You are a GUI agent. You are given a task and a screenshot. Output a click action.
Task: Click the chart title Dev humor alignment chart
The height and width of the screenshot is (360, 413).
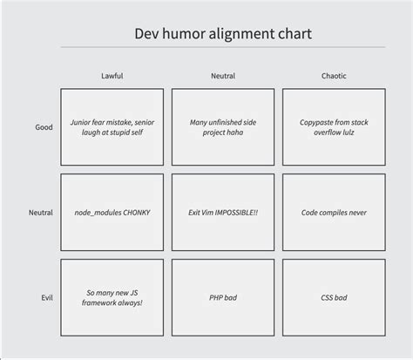pyautogui.click(x=223, y=34)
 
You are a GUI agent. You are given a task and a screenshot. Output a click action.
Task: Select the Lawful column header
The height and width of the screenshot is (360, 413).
pyautogui.click(x=112, y=76)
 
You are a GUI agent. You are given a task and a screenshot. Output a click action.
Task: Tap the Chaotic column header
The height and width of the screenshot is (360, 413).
pyautogui.click(x=334, y=76)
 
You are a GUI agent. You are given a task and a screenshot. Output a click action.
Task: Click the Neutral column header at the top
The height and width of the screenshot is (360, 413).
pyautogui.click(x=223, y=76)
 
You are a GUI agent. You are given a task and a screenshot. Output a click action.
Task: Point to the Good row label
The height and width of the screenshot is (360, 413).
pyautogui.click(x=44, y=127)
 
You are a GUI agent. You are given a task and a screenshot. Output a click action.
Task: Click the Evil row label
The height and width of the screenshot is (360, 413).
pyautogui.click(x=46, y=298)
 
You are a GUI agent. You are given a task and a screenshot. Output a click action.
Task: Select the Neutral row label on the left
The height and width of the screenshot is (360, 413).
pyautogui.click(x=41, y=213)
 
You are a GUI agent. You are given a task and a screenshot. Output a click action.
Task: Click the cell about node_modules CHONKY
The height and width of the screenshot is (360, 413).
pyautogui.click(x=112, y=213)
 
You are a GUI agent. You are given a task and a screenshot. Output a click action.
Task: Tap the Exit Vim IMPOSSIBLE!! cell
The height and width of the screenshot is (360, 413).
pyautogui.click(x=223, y=213)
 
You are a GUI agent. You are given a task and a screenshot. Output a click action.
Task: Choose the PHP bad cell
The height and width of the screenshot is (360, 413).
pyautogui.click(x=223, y=298)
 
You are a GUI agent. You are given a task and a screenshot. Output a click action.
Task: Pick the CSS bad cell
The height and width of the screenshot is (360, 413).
pyautogui.click(x=334, y=298)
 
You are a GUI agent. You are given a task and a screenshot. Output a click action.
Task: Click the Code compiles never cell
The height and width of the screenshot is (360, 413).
pyautogui.click(x=334, y=213)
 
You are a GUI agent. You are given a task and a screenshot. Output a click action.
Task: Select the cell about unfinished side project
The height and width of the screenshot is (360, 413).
pyautogui.click(x=223, y=127)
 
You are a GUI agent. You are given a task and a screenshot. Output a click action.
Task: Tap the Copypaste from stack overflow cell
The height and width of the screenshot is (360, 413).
pyautogui.click(x=334, y=127)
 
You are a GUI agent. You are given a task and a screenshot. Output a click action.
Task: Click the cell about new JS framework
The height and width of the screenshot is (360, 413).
pyautogui.click(x=112, y=298)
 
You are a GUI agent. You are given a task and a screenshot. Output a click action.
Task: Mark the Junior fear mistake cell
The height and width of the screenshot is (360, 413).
pyautogui.click(x=112, y=127)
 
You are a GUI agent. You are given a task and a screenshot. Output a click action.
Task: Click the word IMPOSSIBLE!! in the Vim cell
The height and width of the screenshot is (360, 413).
pyautogui.click(x=241, y=213)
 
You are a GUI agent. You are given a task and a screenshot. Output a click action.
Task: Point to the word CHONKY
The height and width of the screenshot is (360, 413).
pyautogui.click(x=135, y=213)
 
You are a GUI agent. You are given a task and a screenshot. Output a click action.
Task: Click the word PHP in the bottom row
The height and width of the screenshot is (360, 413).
pyautogui.click(x=217, y=298)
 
